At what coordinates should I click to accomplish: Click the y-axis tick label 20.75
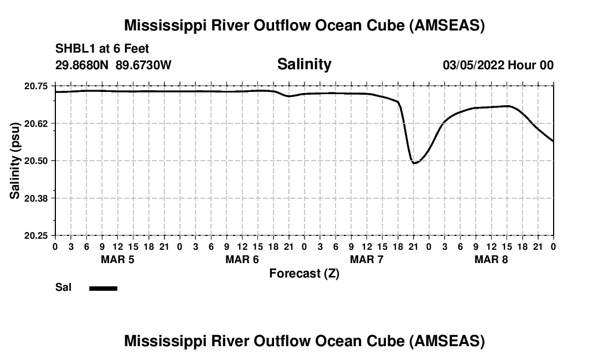[37, 86]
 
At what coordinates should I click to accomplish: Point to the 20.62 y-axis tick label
[37, 123]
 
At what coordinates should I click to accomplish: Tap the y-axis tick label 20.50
[37, 161]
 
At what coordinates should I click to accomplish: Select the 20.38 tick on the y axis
[37, 198]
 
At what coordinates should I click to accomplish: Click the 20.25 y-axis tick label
[37, 235]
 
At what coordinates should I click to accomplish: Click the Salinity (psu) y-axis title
[16, 161]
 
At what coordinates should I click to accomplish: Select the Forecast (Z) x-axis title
[304, 273]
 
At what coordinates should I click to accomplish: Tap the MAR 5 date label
[117, 259]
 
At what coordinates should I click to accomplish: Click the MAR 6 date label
[242, 259]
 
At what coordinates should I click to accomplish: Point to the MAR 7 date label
[367, 259]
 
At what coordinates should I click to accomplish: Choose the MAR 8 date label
[491, 259]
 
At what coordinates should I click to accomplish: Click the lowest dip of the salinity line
[414, 163]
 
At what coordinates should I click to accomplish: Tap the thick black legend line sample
[103, 288]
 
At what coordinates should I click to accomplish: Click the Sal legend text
[63, 287]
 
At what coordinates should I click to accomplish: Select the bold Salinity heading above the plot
[304, 64]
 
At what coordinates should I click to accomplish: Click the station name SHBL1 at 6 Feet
[102, 49]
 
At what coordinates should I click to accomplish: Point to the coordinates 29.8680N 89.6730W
[113, 65]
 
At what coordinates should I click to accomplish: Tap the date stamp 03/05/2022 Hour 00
[498, 65]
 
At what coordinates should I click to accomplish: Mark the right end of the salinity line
[553, 141]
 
